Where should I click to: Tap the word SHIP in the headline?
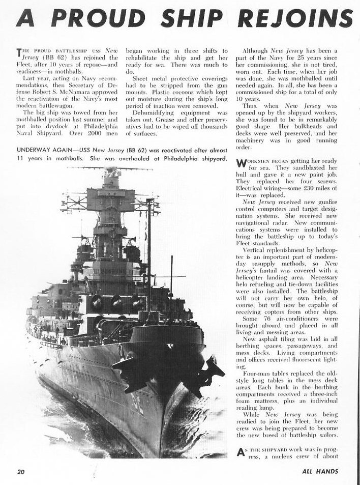point(190,19)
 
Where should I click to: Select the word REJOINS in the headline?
point(295,19)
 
